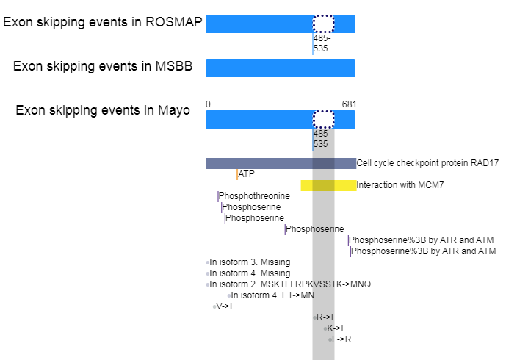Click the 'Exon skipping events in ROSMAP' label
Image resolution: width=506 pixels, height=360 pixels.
coord(103,22)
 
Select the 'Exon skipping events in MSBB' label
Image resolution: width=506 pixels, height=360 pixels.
coord(103,66)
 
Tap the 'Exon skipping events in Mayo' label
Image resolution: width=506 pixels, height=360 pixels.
coord(103,110)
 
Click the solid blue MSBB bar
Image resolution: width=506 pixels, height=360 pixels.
coord(281,68)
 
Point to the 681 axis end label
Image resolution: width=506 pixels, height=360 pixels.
coord(349,104)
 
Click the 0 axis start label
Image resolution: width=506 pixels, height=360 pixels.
coord(208,104)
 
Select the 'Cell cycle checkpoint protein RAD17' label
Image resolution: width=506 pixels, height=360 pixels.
coord(427,163)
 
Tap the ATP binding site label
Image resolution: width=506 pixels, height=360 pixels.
coord(246,174)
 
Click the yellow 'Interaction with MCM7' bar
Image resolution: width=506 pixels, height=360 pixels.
coord(328,185)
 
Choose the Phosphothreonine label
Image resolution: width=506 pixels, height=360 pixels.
coord(254,196)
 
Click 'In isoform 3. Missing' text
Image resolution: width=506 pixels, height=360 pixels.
coord(250,262)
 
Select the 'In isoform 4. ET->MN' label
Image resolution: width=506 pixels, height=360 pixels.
coord(272,295)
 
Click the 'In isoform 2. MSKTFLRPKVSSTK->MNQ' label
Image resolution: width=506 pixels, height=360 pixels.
coord(290,284)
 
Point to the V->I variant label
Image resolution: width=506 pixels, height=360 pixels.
coord(224,306)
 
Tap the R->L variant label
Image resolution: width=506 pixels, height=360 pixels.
coord(326,317)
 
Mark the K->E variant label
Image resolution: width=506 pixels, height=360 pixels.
coord(337,328)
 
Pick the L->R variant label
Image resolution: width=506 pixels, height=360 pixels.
coord(341,339)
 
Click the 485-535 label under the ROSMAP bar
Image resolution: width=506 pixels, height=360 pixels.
coord(322,43)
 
